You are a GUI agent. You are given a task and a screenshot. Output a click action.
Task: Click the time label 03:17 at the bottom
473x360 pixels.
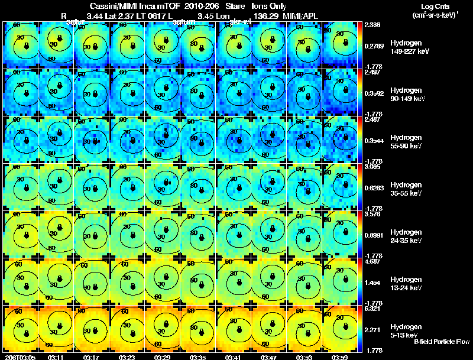tap(91, 357)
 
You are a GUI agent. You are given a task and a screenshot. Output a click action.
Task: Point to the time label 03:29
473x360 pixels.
tap(162, 357)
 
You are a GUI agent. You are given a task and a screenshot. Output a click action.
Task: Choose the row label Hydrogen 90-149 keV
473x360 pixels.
tap(409, 95)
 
